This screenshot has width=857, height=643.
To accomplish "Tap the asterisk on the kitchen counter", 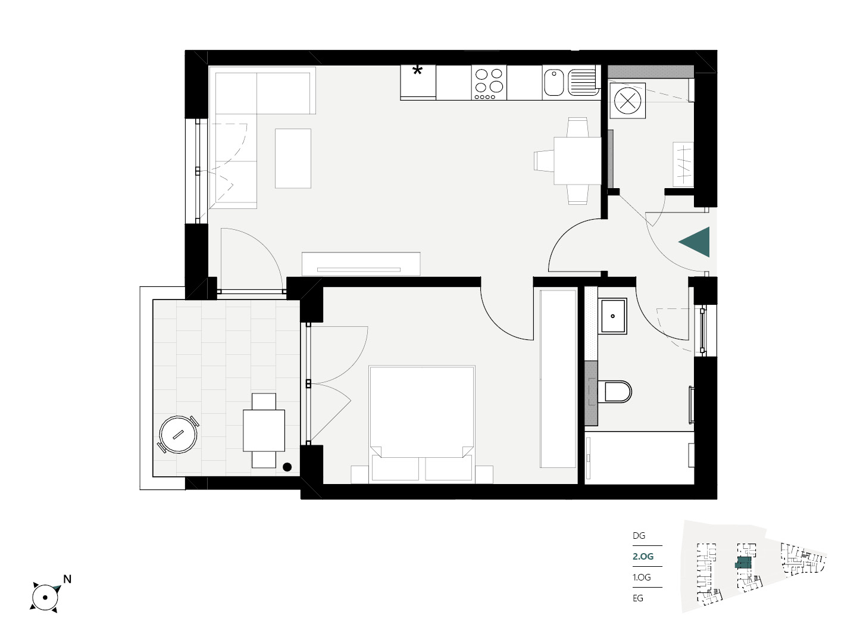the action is coord(417,71).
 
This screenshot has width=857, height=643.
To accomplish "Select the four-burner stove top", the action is coord(489,82).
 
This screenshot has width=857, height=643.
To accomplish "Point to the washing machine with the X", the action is coord(627,101).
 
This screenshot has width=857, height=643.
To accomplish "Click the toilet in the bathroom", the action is coord(615,392).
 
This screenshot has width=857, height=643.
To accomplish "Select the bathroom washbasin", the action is coord(612,316).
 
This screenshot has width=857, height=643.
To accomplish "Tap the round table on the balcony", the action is coord(178,434).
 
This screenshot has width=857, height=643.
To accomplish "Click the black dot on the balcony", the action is coord(287,467).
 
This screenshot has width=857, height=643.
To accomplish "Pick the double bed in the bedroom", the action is coord(422,424).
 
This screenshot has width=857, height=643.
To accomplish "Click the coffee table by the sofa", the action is coord(293,158).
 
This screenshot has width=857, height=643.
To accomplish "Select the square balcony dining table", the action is coord(264,430).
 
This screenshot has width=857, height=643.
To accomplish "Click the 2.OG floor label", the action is coord(643,556).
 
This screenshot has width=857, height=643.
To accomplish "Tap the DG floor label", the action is coord(639,536).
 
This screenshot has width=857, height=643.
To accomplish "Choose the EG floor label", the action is coord(637,598).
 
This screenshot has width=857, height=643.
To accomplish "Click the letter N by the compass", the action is coord(67,579).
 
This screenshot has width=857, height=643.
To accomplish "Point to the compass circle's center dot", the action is coord(45,597).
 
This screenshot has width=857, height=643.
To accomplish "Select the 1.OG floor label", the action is coord(642,577).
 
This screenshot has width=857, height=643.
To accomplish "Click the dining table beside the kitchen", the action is coord(577,161).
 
